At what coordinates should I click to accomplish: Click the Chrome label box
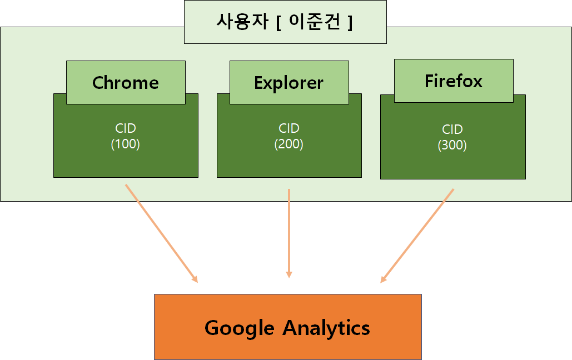coord(126,83)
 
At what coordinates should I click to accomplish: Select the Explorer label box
coord(289,83)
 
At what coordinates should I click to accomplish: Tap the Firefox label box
coord(454,81)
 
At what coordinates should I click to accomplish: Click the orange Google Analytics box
coord(287,327)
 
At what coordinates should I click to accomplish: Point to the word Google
coord(239,328)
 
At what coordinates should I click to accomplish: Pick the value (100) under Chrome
coord(126,144)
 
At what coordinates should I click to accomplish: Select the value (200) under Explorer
coord(289,144)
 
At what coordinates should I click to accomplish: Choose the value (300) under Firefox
coord(452,146)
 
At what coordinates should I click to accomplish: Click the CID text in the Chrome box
coord(126,128)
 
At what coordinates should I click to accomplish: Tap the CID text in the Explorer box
coord(289,128)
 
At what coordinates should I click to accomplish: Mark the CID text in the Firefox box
coord(452,130)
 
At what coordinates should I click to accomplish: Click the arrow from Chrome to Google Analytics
coord(161,233)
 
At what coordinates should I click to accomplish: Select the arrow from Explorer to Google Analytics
coord(289,233)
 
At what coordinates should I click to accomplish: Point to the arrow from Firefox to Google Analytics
coord(417,236)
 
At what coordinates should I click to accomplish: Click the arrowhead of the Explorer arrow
coord(289,274)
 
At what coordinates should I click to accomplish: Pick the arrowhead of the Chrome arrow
coord(195,279)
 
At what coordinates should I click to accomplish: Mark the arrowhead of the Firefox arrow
coord(383,279)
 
